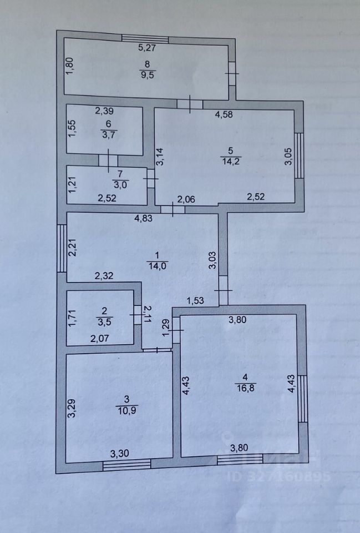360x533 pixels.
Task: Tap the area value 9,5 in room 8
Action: coord(146,76)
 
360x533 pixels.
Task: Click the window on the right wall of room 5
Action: coord(300,155)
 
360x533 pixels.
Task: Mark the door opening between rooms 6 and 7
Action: coord(105,160)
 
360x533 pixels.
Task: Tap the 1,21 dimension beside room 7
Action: coord(72,183)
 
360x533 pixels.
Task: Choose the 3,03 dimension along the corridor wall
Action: coord(212,260)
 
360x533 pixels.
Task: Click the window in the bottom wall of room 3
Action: coord(126,465)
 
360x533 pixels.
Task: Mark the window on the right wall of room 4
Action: coord(302,398)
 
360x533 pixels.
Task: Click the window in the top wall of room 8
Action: coord(145,38)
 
